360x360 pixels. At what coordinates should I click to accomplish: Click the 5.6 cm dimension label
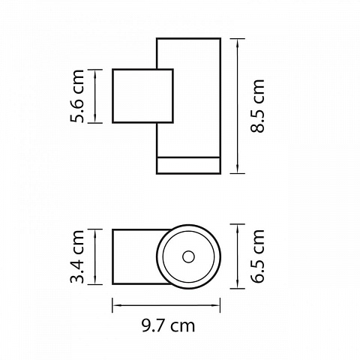pos(77,96)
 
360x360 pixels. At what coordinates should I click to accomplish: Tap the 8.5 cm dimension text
pos(257,106)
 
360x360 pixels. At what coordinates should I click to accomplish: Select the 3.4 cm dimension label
pos(77,256)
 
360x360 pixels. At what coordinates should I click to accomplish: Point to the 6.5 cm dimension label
pos(257,256)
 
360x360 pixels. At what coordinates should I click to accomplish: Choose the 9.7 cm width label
pos(168,325)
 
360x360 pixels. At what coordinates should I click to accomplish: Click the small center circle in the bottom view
pos(188,257)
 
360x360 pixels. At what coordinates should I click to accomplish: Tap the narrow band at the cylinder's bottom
pos(188,165)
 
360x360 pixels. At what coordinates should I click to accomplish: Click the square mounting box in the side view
pos(142,96)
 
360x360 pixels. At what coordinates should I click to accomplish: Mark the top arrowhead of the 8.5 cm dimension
pos(237,43)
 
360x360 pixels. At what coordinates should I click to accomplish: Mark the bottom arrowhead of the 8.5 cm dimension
pos(237,169)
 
